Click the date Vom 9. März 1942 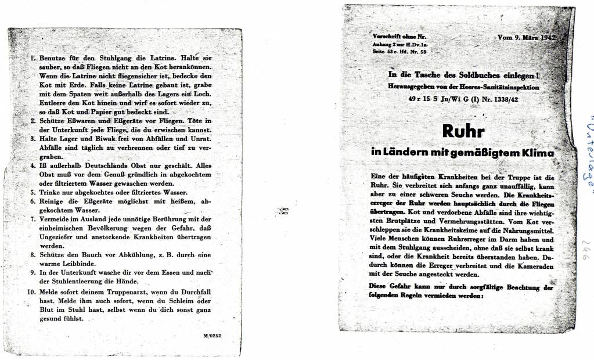pos(527,38)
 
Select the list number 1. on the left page pos(33,59)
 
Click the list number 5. pos(33,192)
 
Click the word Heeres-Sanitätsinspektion pos(501,87)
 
